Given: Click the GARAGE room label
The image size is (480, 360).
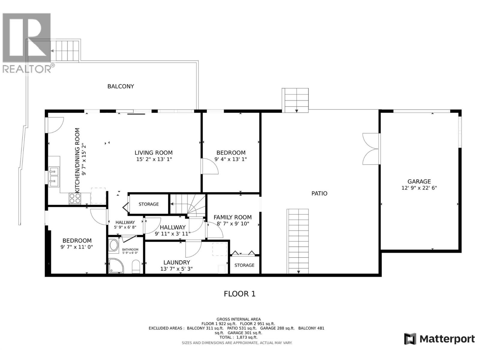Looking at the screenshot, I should click(419, 181).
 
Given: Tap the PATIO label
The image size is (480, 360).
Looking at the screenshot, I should click(319, 193).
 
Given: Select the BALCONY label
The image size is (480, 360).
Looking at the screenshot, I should click(121, 86).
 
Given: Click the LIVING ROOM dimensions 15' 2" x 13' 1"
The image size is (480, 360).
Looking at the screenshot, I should click(154, 159).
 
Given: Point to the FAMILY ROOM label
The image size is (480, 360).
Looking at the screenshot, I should click(232, 217).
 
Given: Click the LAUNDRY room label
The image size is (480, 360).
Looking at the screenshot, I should click(176, 262).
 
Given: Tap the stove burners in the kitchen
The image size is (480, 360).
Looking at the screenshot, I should click(75, 198).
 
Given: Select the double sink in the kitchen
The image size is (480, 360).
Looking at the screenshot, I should click(54, 176).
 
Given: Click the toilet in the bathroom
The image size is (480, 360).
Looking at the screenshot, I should click(136, 266).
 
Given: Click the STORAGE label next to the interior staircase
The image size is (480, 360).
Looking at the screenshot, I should click(148, 204).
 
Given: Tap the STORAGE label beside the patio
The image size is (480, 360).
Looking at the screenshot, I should click(244, 265).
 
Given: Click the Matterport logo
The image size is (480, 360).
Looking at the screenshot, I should click(439, 339).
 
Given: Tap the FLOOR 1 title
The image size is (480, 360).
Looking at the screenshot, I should click(239, 294).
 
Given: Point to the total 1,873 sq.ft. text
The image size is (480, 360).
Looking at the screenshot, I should click(238, 337).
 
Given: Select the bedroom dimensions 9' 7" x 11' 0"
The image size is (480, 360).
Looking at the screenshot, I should click(77, 247).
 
